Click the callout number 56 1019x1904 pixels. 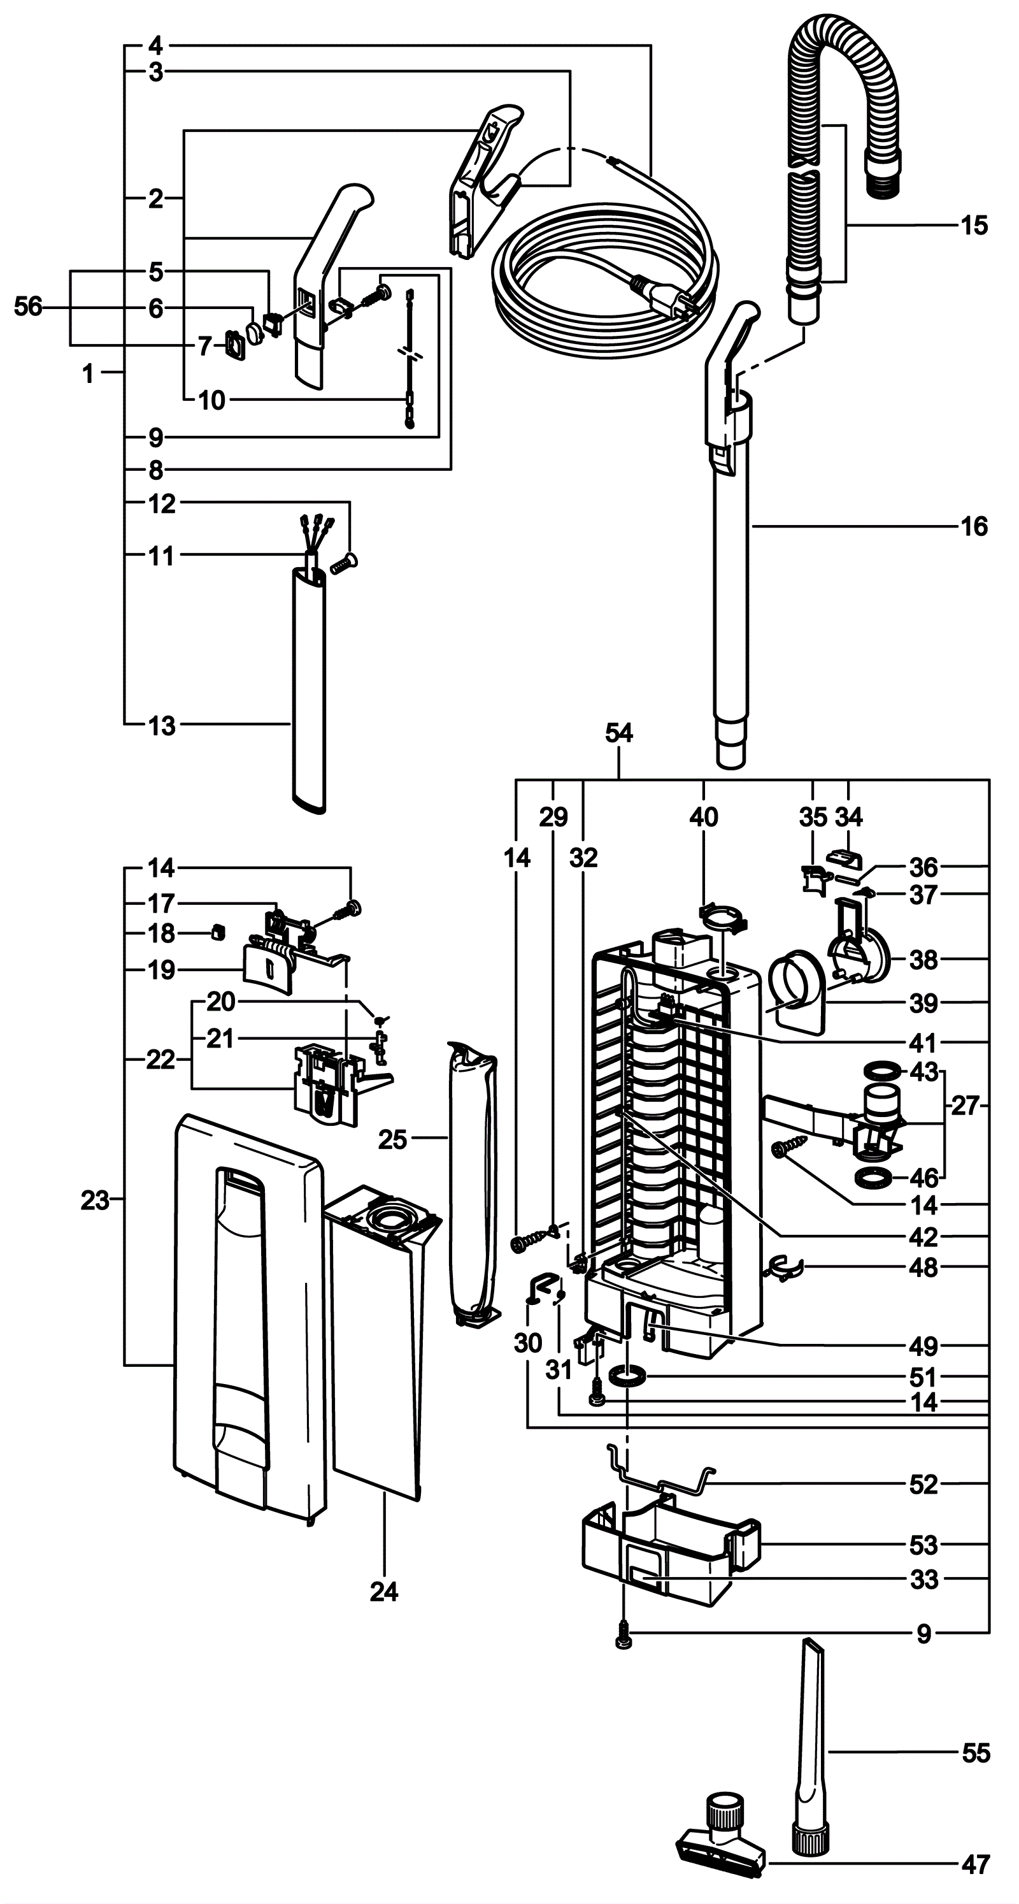[29, 307]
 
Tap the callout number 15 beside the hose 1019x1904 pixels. [973, 226]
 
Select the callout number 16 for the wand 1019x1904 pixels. [973, 526]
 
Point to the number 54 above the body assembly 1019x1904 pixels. [618, 733]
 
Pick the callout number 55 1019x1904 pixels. [976, 1752]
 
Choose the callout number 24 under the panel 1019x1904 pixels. [384, 1591]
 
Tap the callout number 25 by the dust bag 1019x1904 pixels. [392, 1140]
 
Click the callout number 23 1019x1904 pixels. [96, 1201]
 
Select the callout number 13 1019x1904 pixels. [162, 726]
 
